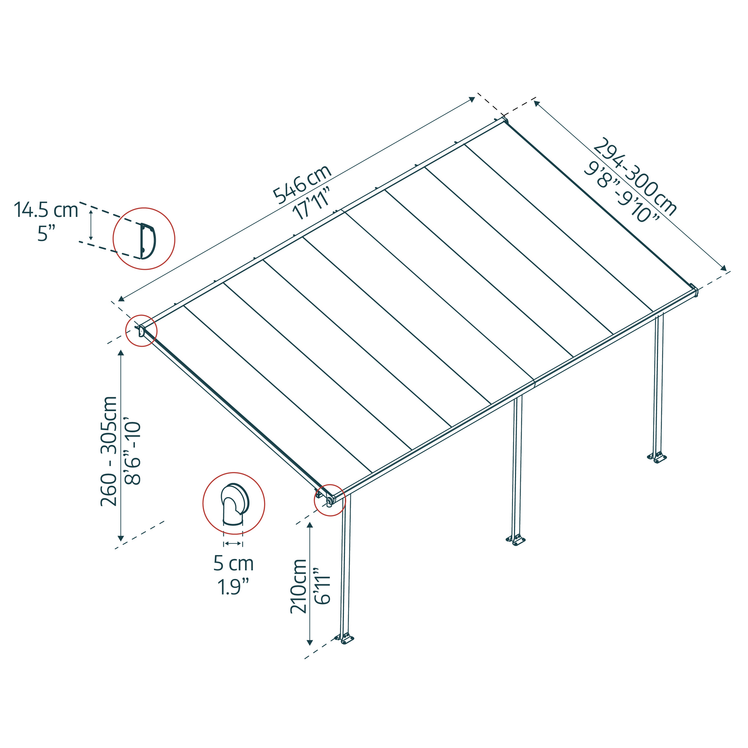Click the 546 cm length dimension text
coord(302,184)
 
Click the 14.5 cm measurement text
coord(46,210)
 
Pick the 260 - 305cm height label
coord(109,451)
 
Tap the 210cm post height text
coord(298,586)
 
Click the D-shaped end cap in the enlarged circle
coord(147,241)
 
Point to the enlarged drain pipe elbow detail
coord(234,504)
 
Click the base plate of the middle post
coord(516,540)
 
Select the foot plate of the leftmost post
coord(344,638)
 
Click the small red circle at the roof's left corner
coord(141,331)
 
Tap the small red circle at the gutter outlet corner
coord(329,500)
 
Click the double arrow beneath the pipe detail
coord(233,543)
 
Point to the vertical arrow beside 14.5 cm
coord(91,225)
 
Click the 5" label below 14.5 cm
coord(46,234)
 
